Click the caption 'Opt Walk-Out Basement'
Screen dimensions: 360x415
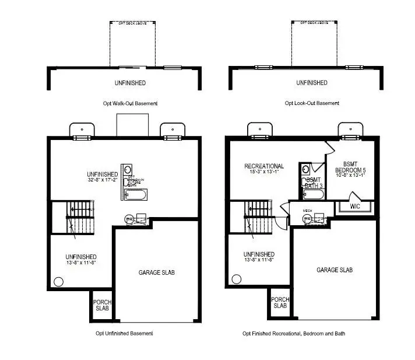click(129, 104)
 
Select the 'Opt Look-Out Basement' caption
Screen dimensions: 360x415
click(312, 104)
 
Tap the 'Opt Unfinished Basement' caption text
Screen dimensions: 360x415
click(124, 334)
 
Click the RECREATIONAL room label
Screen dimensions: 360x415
click(264, 166)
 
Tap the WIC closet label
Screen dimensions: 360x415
click(355, 207)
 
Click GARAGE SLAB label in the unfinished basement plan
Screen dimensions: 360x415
click(156, 272)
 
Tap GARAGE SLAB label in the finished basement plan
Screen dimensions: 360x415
click(335, 270)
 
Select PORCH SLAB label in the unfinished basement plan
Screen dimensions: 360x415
click(102, 305)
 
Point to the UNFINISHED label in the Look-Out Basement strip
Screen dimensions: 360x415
click(312, 83)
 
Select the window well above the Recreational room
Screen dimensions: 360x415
click(258, 131)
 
